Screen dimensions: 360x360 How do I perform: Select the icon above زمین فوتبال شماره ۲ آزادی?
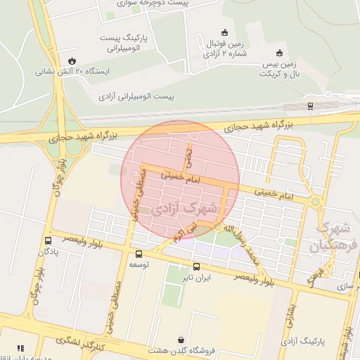[224, 32]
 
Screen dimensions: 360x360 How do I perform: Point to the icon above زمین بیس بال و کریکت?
[280, 53]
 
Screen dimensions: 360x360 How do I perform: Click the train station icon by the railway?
[310, 106]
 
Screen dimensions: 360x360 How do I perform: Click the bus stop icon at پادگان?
[47, 240]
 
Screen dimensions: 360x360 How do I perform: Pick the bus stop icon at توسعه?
[138, 254]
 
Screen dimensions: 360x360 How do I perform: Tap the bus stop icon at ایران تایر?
[196, 266]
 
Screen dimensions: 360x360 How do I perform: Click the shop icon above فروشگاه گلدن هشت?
[181, 338]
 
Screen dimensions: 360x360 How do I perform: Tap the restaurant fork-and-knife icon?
[20, 347]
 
